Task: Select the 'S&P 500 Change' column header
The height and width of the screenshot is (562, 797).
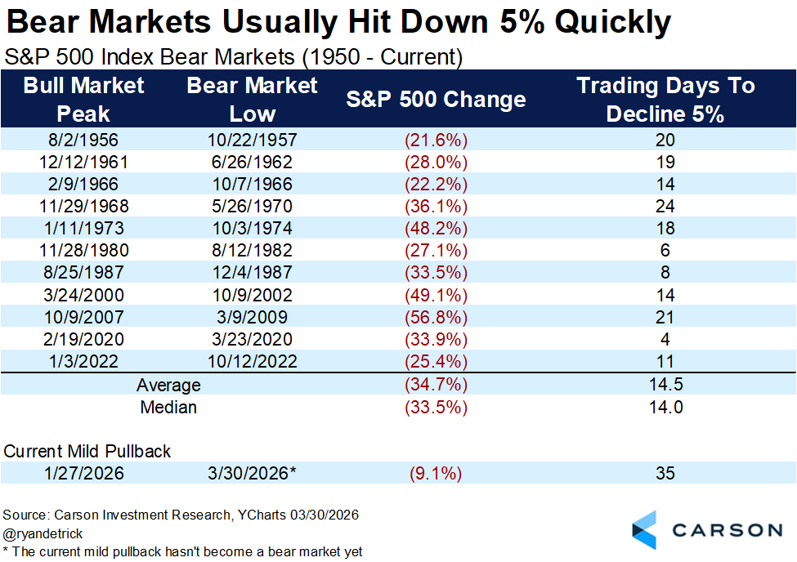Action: click(436, 100)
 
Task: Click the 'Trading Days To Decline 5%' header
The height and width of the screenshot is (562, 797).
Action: click(665, 100)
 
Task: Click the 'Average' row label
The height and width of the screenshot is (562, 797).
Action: click(169, 386)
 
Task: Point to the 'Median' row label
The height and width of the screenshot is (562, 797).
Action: click(169, 407)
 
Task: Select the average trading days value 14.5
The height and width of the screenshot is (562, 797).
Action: click(665, 386)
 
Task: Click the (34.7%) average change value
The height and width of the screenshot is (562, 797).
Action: click(436, 386)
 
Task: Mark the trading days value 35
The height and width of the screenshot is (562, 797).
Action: click(665, 473)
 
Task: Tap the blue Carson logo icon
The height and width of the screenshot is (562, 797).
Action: click(644, 529)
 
